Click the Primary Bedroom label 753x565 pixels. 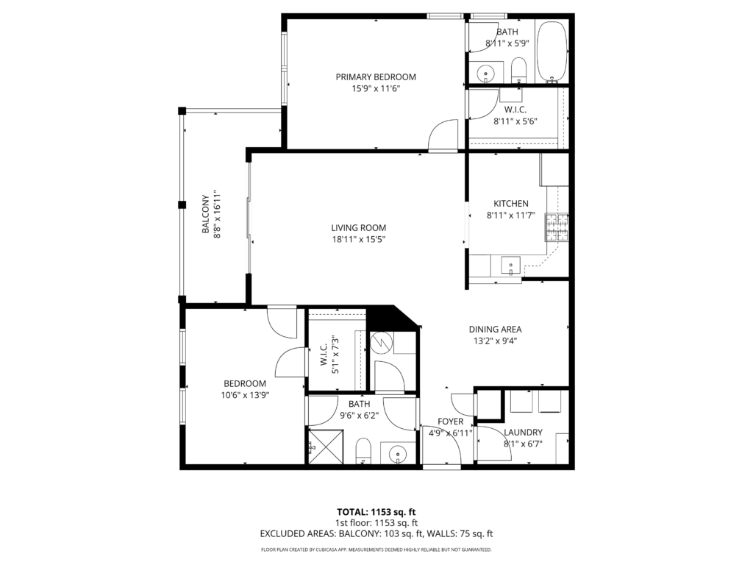click(376, 77)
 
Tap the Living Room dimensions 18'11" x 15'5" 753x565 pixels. click(359, 239)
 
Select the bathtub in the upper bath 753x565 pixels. click(552, 51)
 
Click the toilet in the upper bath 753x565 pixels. click(518, 71)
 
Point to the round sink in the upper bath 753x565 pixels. click(486, 74)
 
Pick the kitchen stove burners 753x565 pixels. click(557, 228)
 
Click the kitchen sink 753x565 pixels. click(510, 266)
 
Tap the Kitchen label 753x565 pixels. click(511, 204)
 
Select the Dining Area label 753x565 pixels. click(495, 330)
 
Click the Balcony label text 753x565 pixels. click(206, 214)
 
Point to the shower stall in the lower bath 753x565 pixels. click(326, 447)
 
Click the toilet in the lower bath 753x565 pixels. click(363, 451)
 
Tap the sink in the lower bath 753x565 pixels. click(398, 453)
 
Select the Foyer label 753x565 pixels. click(451, 422)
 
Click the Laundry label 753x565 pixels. click(523, 433)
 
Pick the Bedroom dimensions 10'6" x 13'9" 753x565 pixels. click(245, 395)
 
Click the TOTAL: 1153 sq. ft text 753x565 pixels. click(376, 512)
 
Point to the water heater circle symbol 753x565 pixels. click(382, 343)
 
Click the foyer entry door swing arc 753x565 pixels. click(454, 437)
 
